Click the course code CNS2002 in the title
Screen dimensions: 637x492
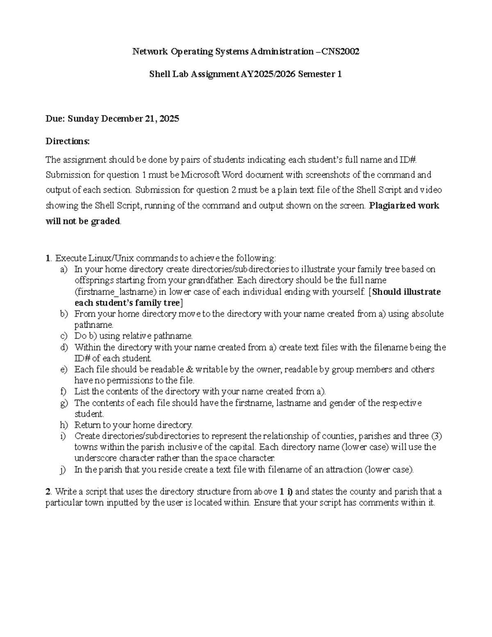(341, 52)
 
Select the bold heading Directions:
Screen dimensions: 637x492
(67, 142)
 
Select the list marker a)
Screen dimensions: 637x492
(64, 269)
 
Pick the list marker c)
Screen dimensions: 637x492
(64, 336)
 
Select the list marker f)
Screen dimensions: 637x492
(64, 391)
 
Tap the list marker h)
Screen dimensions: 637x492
(64, 425)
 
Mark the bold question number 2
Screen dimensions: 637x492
(48, 492)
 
